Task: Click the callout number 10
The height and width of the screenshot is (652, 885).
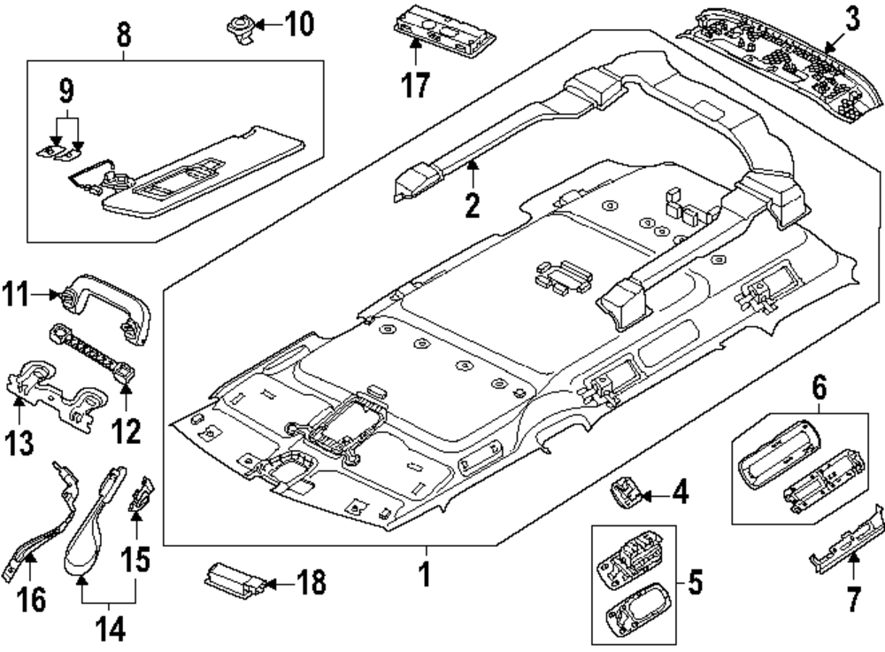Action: click(298, 23)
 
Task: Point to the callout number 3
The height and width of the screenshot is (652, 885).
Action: click(850, 19)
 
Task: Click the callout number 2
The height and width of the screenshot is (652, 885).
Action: click(473, 206)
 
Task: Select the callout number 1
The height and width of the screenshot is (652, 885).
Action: click(425, 575)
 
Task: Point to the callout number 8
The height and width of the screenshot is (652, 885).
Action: click(123, 36)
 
